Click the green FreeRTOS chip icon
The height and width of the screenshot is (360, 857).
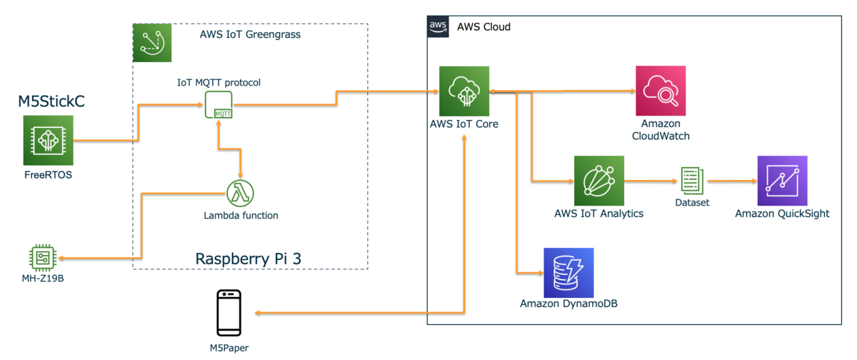click(48, 141)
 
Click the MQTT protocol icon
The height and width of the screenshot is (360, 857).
click(219, 105)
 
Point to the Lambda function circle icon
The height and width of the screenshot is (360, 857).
click(241, 193)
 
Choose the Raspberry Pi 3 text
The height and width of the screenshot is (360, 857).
click(248, 259)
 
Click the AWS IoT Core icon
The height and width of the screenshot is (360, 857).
click(464, 91)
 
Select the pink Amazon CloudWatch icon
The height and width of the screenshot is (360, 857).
click(661, 91)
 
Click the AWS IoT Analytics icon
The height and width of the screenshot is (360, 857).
click(598, 181)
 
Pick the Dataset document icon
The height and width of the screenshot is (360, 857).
click(692, 181)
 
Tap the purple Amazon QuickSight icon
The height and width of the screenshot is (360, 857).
click(782, 181)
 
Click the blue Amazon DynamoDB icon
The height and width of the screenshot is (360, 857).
click(568, 272)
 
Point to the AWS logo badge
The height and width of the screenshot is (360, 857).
click(437, 26)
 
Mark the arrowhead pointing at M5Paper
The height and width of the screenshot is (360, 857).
click(259, 313)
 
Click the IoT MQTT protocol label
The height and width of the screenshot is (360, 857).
click(219, 83)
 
